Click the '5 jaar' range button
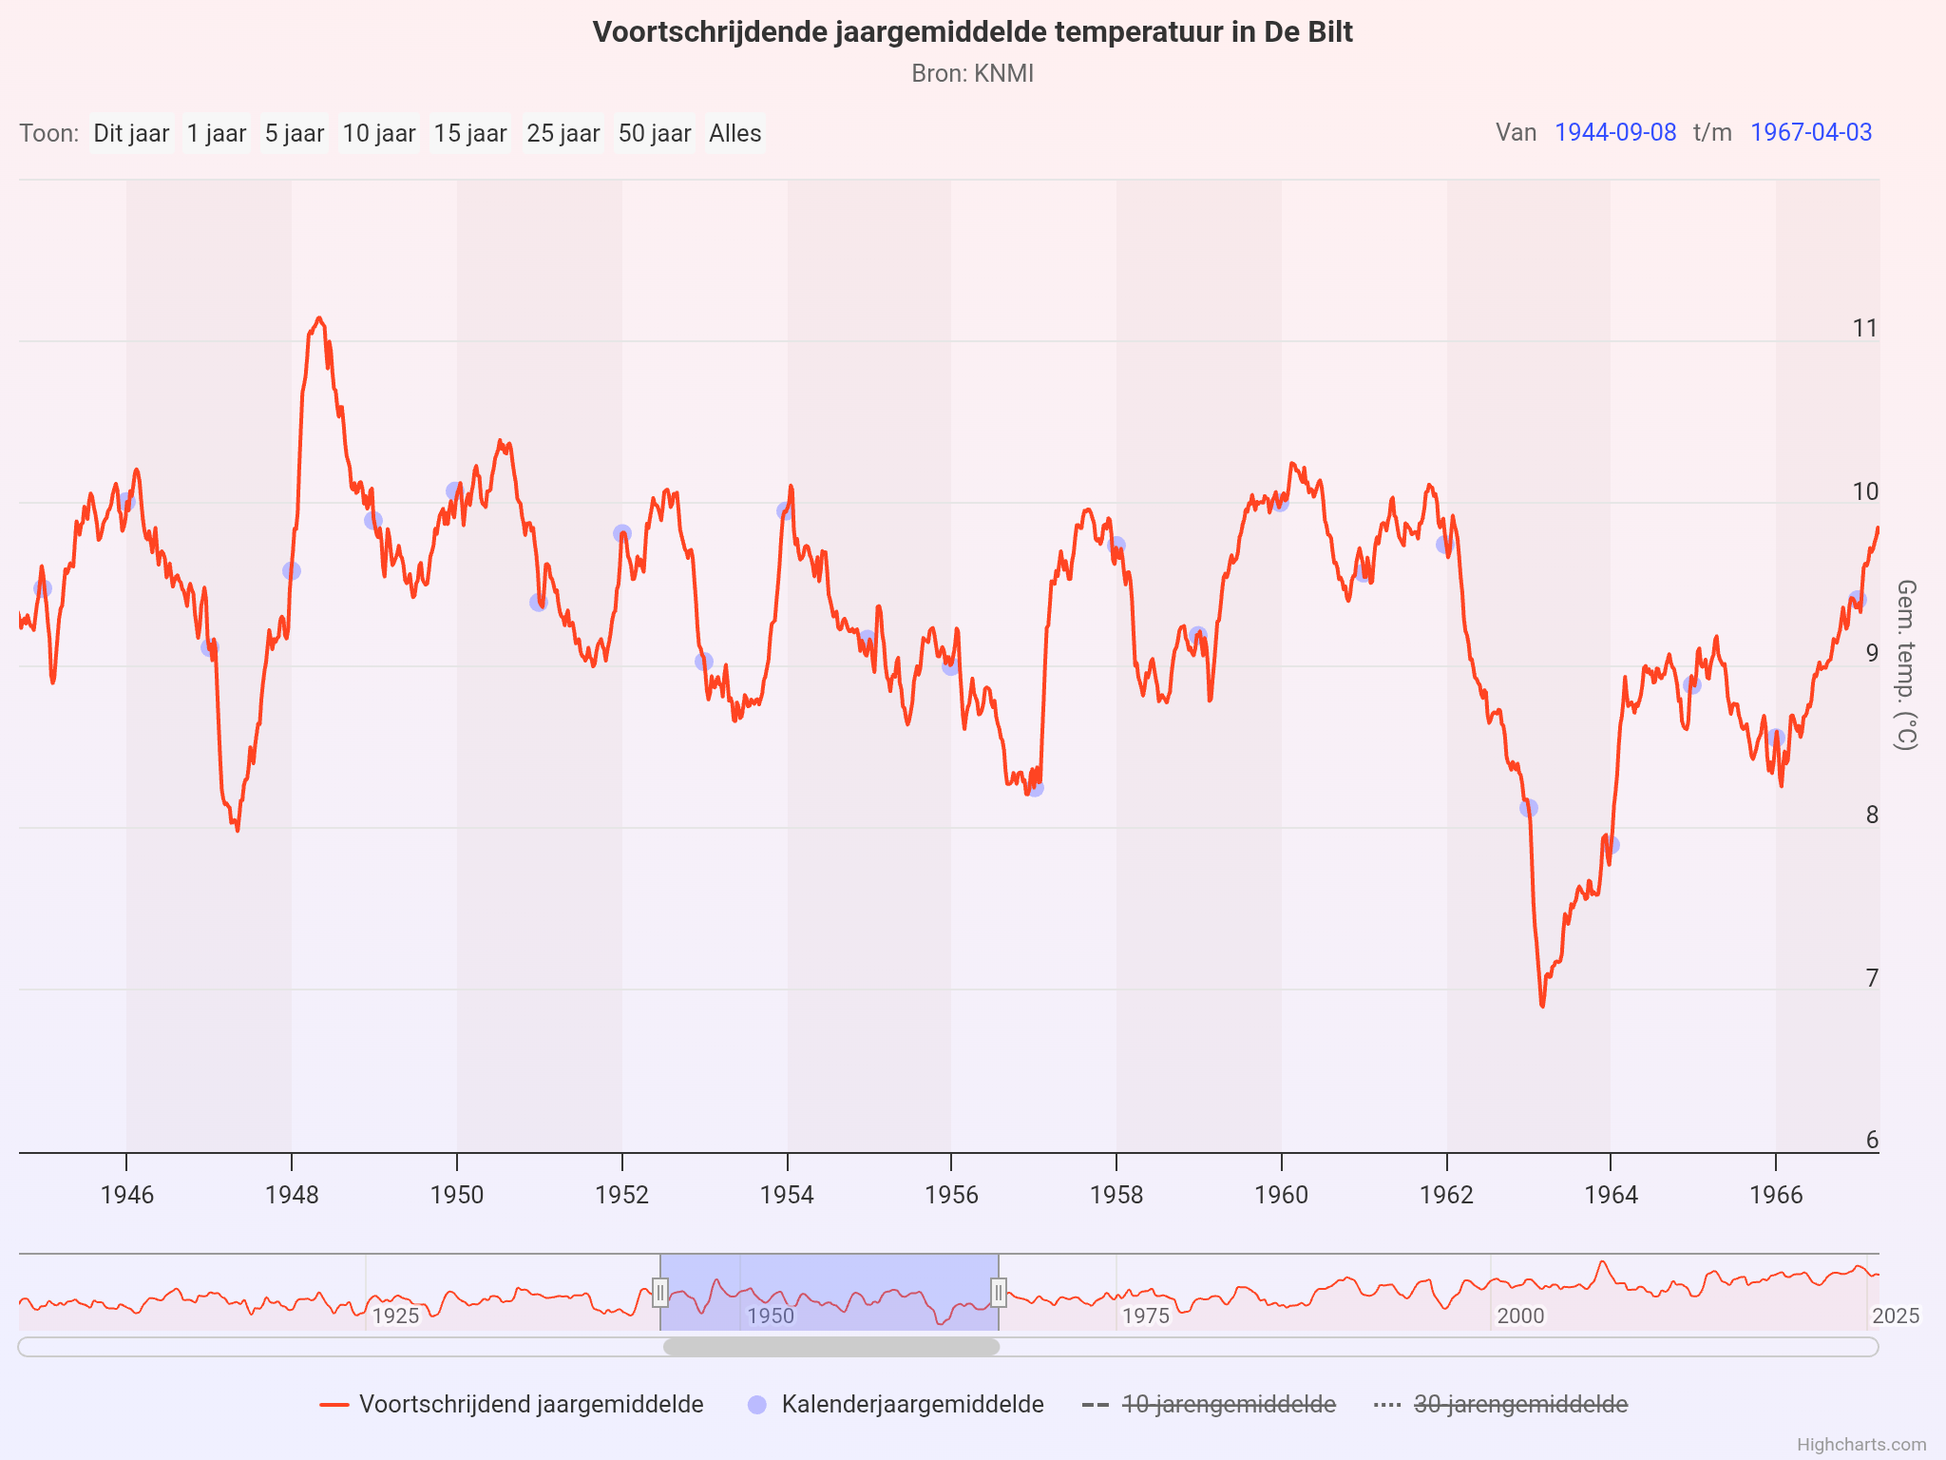(295, 133)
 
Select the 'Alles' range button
(735, 133)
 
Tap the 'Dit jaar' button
(131, 133)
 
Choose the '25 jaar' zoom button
(563, 133)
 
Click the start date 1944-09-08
(1614, 132)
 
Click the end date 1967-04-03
(1810, 132)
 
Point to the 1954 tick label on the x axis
(787, 1195)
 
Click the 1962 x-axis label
(1446, 1195)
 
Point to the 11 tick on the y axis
(1865, 328)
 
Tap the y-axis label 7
(1871, 978)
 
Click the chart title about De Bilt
(972, 32)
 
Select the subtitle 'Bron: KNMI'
(972, 73)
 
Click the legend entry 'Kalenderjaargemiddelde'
(911, 1404)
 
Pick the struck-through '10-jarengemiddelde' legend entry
(1228, 1404)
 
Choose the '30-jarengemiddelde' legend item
(1519, 1404)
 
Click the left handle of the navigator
(660, 1293)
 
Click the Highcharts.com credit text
(1860, 1445)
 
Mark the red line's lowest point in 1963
(1542, 1005)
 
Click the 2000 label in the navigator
(1520, 1316)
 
